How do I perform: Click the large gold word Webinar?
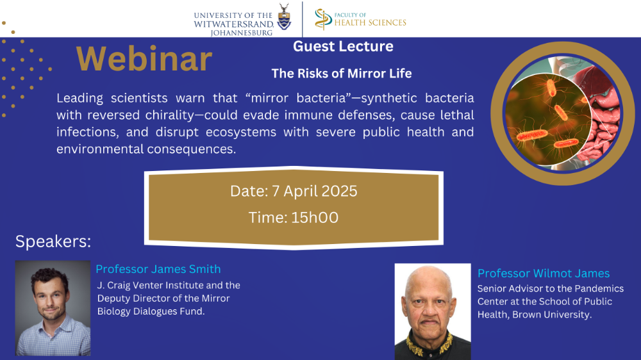click(144, 59)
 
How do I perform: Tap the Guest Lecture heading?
click(343, 46)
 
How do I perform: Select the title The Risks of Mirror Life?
click(342, 74)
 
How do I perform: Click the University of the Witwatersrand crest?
click(284, 17)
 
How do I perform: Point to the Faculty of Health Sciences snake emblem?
click(323, 19)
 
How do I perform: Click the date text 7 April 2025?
click(314, 192)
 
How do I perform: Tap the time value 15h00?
click(315, 217)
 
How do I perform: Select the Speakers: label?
click(53, 241)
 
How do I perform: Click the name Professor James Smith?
click(158, 269)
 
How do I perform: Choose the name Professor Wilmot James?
click(544, 273)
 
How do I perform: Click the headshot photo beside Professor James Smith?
click(53, 308)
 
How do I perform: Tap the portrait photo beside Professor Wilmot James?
click(433, 311)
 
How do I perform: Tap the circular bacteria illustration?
click(562, 113)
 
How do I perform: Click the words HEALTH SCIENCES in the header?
click(370, 23)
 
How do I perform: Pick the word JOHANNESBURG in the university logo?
click(241, 33)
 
